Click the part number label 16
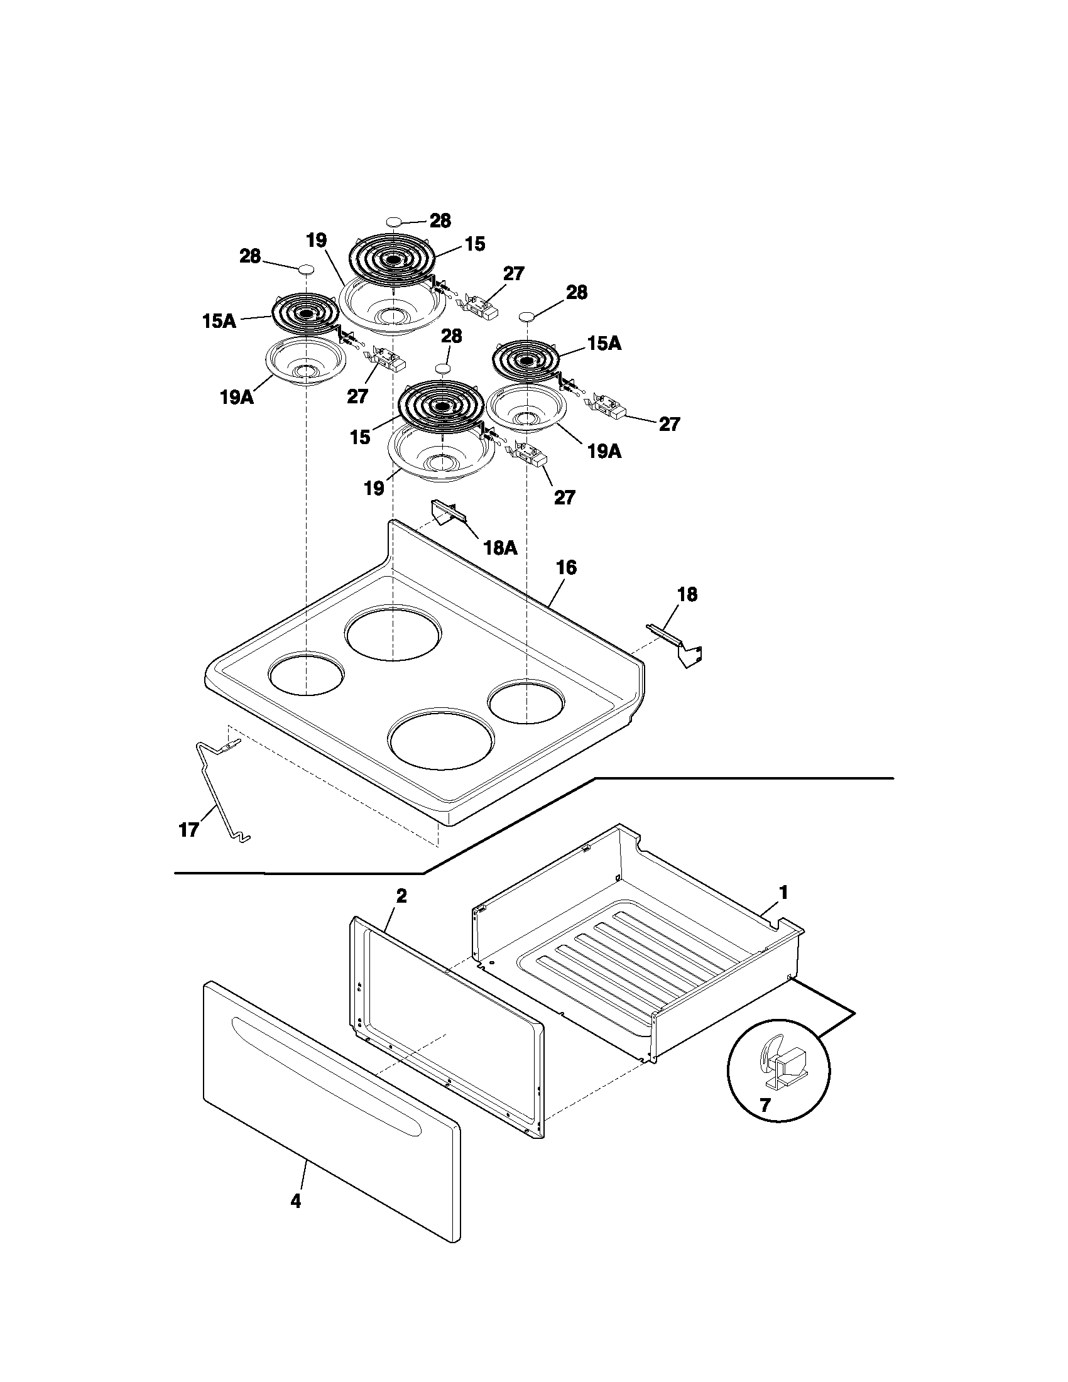tap(566, 568)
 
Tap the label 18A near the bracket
tap(500, 547)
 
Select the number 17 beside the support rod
tap(189, 830)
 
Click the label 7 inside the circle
tap(765, 1106)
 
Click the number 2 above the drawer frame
tap(401, 896)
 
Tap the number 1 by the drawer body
tap(783, 893)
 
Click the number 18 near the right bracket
tap(687, 594)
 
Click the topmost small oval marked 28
tap(393, 222)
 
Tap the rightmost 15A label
tap(604, 344)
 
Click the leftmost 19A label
tap(237, 398)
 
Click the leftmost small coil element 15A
tap(305, 313)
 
